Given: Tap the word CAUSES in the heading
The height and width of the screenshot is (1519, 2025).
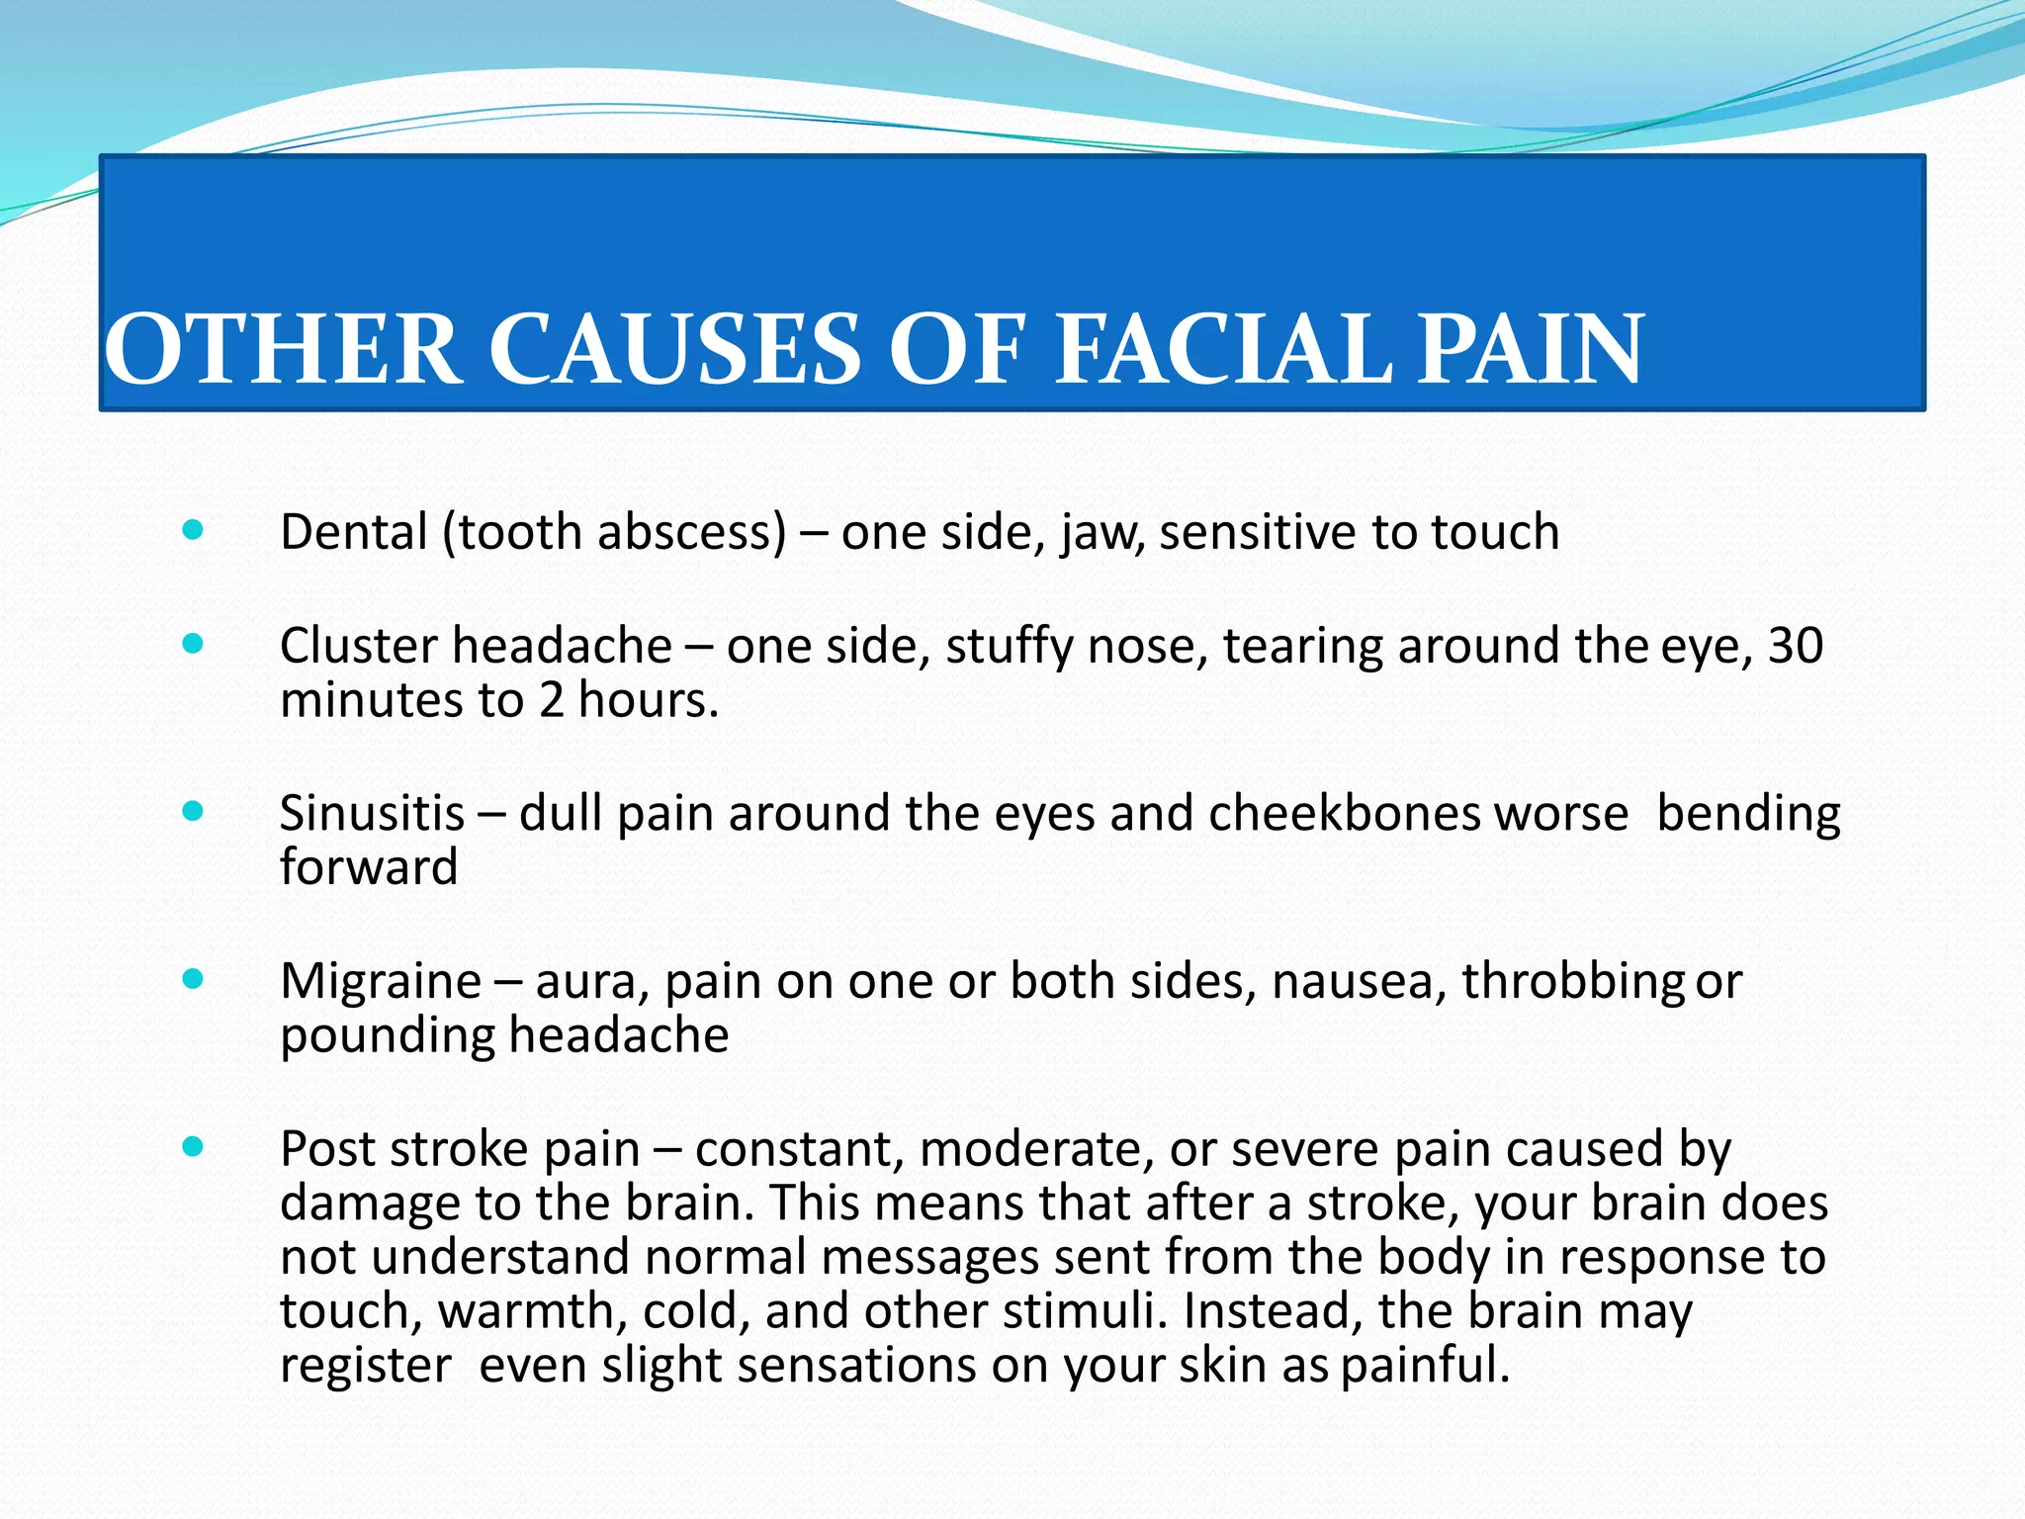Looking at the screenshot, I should (x=674, y=348).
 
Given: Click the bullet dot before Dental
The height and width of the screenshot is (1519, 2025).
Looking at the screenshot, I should (x=194, y=531).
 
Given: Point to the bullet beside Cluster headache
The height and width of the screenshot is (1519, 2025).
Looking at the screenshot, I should (x=194, y=645).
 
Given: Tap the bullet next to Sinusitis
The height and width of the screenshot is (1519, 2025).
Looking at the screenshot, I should (x=194, y=812).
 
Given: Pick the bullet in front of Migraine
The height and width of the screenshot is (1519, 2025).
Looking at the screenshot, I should (x=194, y=980).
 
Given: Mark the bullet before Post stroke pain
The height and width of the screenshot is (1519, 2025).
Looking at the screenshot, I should (x=194, y=1147).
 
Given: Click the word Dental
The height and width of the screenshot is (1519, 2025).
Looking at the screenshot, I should (x=353, y=532).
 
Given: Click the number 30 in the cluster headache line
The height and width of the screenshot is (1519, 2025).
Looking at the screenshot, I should (x=1795, y=646).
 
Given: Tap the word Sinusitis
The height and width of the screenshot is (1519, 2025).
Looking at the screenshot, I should (x=372, y=813).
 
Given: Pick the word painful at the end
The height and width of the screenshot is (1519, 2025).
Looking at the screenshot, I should (x=1424, y=1365).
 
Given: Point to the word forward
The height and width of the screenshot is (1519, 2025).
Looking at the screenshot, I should (x=369, y=867).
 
